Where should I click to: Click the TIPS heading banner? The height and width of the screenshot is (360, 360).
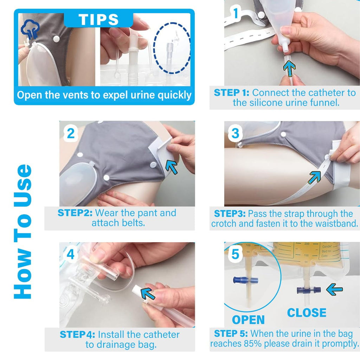click(x=98, y=20)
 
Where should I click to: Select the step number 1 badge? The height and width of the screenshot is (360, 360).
click(x=236, y=13)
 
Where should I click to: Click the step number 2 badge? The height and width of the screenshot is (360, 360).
click(x=71, y=134)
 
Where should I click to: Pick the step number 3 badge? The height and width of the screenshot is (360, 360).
click(x=235, y=134)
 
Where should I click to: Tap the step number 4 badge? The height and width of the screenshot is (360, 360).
click(x=71, y=255)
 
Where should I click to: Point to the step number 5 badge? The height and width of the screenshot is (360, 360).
click(x=235, y=255)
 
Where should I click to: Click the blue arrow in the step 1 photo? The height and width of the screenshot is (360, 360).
click(x=289, y=69)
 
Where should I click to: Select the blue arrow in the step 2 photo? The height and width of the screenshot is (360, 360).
click(x=172, y=167)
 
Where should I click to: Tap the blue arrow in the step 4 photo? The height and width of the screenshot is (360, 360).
click(x=148, y=293)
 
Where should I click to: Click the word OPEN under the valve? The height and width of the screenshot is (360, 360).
click(x=248, y=320)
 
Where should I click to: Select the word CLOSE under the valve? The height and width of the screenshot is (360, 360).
click(x=307, y=313)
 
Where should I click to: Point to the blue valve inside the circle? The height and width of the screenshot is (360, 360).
click(x=245, y=280)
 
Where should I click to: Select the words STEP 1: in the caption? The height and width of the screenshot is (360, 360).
click(x=232, y=93)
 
